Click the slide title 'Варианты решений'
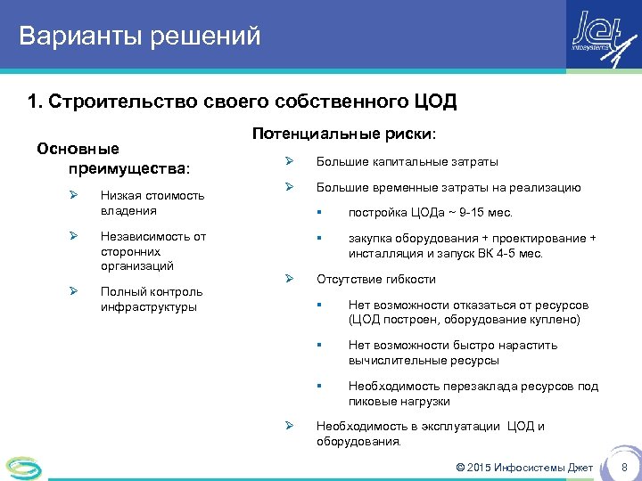[140, 37]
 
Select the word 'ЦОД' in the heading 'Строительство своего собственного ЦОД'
[434, 101]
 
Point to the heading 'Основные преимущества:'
[116, 158]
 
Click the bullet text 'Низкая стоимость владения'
[152, 203]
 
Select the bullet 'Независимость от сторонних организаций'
[152, 251]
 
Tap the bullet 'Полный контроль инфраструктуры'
[151, 299]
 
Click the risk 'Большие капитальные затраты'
[407, 162]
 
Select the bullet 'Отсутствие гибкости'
[376, 279]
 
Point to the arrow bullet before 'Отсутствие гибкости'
[289, 279]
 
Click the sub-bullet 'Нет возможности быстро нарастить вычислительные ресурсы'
[452, 353]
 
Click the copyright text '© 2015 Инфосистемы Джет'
[524, 468]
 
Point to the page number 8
[624, 468]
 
